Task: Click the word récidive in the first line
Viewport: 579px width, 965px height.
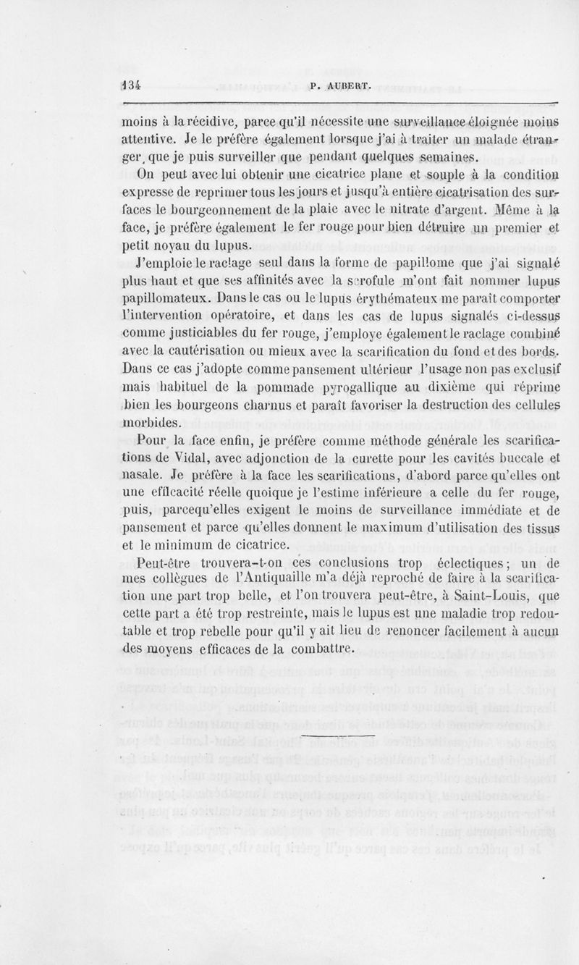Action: coord(187,119)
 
